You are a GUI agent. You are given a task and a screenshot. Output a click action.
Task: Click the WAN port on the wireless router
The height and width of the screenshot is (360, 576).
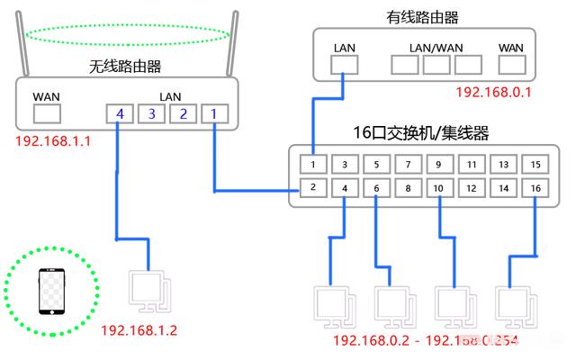46,112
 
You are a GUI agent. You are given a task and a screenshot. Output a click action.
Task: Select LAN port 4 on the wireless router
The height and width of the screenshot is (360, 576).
118,113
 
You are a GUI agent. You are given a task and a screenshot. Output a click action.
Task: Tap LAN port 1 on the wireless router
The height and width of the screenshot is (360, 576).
213,113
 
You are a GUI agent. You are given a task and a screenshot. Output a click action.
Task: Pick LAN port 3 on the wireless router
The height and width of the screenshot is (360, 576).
151,113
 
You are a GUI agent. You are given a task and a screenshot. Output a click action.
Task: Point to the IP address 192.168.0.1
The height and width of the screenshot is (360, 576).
493,92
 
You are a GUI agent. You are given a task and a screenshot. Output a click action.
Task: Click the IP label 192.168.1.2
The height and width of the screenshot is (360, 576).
139,330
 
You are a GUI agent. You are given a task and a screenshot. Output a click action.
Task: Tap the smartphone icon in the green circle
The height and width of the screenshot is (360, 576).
50,292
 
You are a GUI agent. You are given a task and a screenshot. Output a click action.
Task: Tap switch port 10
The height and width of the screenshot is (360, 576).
438,188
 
